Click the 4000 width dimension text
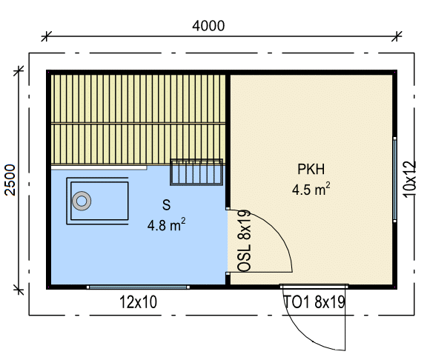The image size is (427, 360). [208, 26]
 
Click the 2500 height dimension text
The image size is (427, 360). [10, 180]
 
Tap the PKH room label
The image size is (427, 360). [311, 169]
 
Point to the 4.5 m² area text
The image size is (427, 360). [311, 189]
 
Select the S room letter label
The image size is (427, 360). [166, 205]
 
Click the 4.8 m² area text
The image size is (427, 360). [166, 224]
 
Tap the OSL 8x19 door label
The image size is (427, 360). [244, 241]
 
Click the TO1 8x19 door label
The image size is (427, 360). [314, 302]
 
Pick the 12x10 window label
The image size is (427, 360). [139, 302]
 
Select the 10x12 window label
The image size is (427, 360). [409, 179]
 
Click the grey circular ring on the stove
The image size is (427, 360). [82, 201]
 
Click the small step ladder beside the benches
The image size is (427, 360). [196, 173]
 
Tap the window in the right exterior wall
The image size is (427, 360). [395, 180]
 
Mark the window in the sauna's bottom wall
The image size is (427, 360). [138, 287]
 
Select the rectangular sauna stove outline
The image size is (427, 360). [98, 201]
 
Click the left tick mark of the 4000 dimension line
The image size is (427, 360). [46, 36]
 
